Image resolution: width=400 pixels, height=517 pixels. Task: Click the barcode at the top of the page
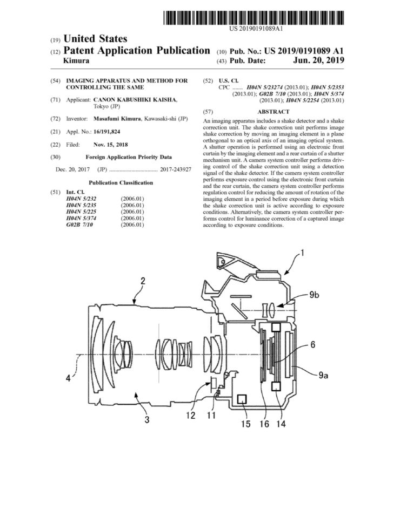click(x=254, y=18)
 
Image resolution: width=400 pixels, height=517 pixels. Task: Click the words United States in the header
click(x=95, y=39)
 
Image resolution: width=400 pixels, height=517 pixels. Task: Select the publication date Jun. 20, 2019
click(x=318, y=60)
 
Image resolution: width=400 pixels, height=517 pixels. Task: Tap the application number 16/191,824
click(x=106, y=132)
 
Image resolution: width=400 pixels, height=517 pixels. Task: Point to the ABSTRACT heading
click(x=273, y=112)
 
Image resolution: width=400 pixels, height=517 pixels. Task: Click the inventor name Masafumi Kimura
click(x=117, y=119)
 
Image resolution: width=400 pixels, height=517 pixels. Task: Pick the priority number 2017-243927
click(x=175, y=169)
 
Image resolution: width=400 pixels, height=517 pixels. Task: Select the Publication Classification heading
click(x=121, y=182)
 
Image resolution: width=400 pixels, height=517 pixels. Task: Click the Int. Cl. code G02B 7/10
click(x=79, y=225)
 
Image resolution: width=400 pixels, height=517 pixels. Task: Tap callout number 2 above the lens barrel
click(x=143, y=281)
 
